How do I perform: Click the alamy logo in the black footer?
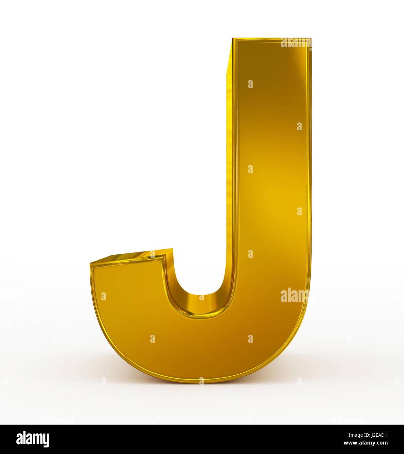(x=33, y=439)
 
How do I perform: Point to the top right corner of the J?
(x=311, y=39)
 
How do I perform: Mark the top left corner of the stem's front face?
(x=234, y=39)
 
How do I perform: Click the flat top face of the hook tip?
(x=137, y=255)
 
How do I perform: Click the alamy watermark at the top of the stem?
(x=295, y=43)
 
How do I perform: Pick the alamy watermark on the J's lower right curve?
(x=294, y=296)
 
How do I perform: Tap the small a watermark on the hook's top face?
(x=152, y=254)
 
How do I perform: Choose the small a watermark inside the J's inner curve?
(x=201, y=298)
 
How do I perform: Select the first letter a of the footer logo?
(x=19, y=440)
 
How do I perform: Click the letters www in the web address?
(x=350, y=443)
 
